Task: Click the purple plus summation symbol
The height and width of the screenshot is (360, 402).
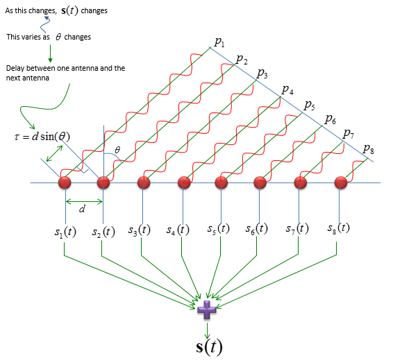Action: [207, 310]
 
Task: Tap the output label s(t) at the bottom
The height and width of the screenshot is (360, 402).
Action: [209, 348]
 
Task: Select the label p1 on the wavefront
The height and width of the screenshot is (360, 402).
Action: [219, 42]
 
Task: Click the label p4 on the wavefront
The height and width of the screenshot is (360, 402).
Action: [287, 90]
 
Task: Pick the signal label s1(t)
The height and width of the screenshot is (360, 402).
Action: [65, 232]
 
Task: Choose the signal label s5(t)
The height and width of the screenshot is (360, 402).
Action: [219, 229]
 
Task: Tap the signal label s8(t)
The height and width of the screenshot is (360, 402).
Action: [339, 228]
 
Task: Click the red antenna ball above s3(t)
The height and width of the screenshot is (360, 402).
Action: [144, 182]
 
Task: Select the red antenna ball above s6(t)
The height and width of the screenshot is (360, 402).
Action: [260, 182]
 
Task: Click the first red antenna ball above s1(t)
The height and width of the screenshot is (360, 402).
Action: [65, 182]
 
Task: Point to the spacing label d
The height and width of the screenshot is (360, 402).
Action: [82, 209]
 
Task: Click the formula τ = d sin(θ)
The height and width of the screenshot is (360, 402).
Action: [42, 137]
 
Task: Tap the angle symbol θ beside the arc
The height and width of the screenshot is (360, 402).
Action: [117, 150]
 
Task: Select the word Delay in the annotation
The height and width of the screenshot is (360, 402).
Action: [15, 69]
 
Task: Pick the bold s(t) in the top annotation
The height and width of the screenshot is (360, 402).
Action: [69, 11]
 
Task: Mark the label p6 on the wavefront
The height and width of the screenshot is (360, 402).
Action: [330, 119]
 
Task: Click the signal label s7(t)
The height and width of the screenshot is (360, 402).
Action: [297, 228]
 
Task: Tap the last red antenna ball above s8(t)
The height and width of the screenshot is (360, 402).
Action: [341, 182]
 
